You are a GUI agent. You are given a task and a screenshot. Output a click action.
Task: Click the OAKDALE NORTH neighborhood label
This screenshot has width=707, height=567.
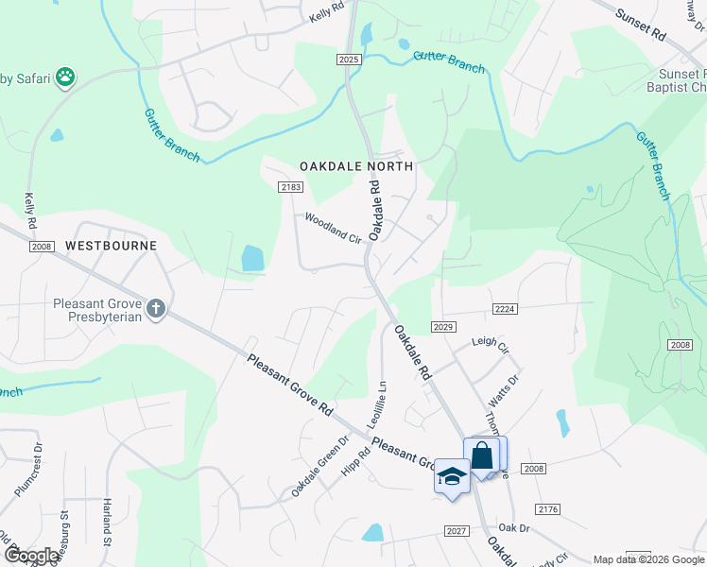coord(356,166)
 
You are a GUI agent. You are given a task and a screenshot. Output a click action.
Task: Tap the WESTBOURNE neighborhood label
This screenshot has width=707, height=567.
coord(111,246)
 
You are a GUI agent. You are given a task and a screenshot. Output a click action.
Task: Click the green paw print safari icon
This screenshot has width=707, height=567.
coord(65,77)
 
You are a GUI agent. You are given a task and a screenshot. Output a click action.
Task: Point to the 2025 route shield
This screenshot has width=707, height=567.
coord(349,60)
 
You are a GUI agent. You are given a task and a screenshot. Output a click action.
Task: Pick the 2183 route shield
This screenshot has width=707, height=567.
coord(291,187)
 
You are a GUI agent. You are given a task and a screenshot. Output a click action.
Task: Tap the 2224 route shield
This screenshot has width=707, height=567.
coord(505,309)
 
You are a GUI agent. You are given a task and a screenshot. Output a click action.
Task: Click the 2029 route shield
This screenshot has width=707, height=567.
coord(445,326)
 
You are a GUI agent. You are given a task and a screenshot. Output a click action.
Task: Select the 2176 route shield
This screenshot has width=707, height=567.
coord(549,509)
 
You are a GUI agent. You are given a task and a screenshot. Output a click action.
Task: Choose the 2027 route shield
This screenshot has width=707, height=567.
coord(457,531)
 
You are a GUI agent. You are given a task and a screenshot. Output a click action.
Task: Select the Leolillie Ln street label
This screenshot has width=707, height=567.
coord(383,402)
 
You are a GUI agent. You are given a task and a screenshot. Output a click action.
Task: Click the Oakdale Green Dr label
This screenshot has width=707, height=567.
coord(319,467)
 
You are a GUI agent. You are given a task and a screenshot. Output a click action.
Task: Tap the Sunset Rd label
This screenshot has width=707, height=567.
coord(641,25)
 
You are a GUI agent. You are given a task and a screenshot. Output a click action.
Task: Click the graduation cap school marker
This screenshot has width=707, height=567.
coord(452,475)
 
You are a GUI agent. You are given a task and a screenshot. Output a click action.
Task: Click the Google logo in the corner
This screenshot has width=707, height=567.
coord(31,556)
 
